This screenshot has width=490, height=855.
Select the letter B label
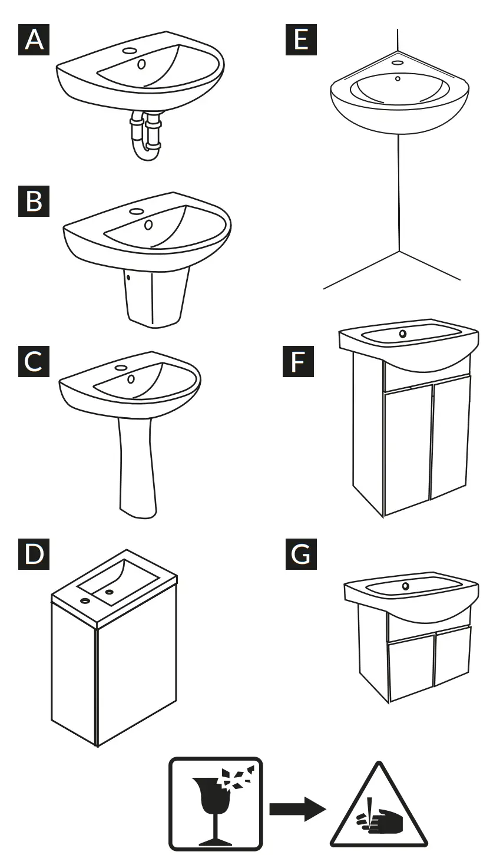[x=35, y=200]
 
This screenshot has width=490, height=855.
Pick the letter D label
[x=35, y=554]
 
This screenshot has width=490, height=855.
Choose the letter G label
[x=301, y=554]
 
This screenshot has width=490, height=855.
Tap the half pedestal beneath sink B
[x=157, y=298]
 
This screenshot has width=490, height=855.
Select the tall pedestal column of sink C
[x=138, y=466]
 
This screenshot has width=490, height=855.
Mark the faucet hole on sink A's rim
[x=130, y=51]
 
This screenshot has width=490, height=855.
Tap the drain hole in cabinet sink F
[x=403, y=334]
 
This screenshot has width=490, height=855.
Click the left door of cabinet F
[x=408, y=448]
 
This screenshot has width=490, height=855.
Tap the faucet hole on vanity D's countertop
[x=85, y=601]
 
